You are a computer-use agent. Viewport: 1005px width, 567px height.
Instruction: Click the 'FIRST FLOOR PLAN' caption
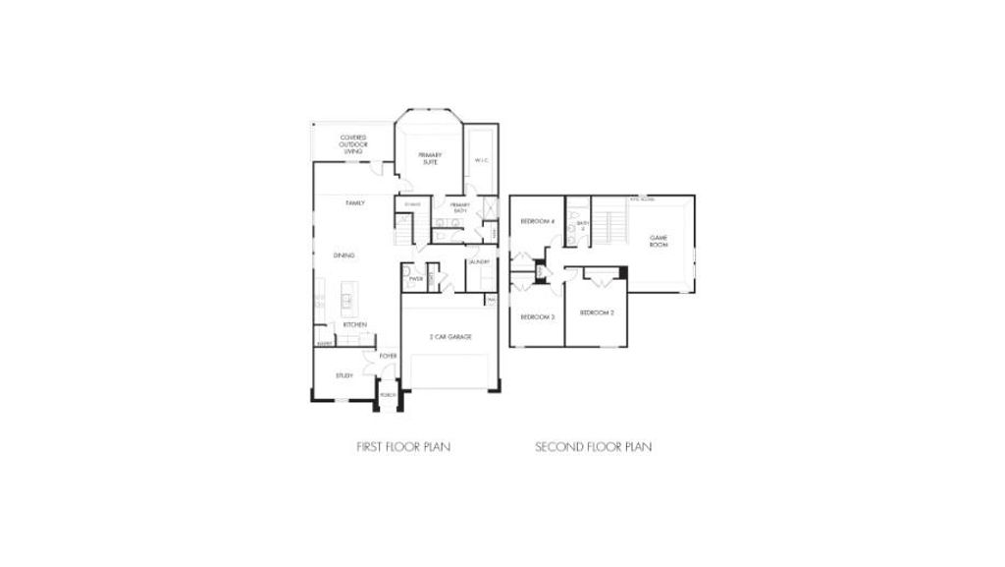click(403, 446)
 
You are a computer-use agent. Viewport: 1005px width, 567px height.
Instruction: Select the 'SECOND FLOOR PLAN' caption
click(593, 446)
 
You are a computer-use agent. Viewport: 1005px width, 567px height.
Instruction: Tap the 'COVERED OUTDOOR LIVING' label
click(353, 144)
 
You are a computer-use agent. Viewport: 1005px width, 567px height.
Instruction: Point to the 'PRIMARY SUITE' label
click(430, 158)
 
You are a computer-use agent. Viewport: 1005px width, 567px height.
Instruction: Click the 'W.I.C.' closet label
click(481, 160)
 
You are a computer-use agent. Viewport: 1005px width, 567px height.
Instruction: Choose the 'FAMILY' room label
click(355, 203)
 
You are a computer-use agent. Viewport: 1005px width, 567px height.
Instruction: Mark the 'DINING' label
click(344, 255)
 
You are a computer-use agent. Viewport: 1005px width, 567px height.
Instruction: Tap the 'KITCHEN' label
click(354, 324)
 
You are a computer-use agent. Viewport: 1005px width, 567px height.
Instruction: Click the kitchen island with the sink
click(347, 294)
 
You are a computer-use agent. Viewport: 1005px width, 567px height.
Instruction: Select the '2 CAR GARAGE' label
click(450, 337)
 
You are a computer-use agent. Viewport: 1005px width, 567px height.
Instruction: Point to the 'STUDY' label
click(344, 375)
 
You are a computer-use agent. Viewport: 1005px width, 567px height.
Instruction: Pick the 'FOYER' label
click(388, 356)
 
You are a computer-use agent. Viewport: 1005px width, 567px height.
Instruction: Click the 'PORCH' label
click(389, 395)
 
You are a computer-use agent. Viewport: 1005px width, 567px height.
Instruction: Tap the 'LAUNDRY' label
click(479, 261)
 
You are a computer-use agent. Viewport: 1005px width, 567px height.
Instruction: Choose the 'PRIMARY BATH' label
click(459, 207)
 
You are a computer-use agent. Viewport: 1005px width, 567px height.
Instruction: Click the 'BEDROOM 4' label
click(538, 222)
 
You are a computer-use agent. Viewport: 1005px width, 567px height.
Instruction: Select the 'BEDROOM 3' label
click(538, 316)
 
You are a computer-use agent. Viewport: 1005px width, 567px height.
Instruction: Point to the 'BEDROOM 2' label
click(597, 312)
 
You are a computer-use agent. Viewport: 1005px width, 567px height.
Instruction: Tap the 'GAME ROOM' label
click(659, 241)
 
